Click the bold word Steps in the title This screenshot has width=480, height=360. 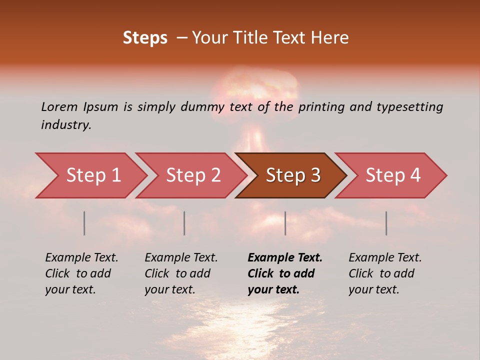[145, 38]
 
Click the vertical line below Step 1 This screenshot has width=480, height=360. [84, 223]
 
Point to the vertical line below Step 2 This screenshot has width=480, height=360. [184, 223]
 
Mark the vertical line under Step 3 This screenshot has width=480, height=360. [285, 223]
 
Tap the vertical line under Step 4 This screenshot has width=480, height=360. [386, 223]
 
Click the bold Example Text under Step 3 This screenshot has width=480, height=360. [284, 273]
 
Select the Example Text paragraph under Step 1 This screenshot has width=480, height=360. [81, 273]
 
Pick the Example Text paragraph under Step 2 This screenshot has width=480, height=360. [181, 273]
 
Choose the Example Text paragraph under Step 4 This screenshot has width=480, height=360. [384, 273]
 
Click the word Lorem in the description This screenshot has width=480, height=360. [59, 107]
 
